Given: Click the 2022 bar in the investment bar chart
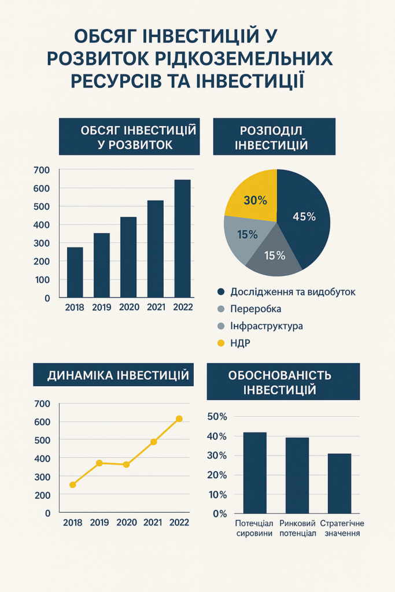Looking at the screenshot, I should click(x=182, y=238).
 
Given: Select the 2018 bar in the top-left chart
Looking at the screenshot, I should click(x=75, y=272).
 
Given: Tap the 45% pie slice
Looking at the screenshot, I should click(x=304, y=217).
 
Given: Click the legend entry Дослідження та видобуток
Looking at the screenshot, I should click(x=293, y=292).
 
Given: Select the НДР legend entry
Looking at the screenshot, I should click(x=240, y=343).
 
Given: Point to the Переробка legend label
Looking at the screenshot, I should click(x=256, y=309).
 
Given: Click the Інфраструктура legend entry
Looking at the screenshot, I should click(x=266, y=326).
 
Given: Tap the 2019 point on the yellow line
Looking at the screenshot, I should click(x=99, y=463).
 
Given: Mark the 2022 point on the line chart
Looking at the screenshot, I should click(x=179, y=419).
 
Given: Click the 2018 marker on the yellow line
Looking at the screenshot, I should click(x=73, y=484).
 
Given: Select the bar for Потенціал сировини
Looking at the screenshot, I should click(x=254, y=472).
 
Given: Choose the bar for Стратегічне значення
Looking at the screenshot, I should click(x=339, y=483).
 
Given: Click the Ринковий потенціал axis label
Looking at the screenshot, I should click(x=297, y=528).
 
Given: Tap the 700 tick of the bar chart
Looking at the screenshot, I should click(x=42, y=170).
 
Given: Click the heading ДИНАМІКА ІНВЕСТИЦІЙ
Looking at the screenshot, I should click(x=118, y=376).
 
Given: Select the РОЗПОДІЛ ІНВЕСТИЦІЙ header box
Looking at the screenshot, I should click(x=274, y=137).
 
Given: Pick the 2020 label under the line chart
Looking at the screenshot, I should click(x=127, y=523).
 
